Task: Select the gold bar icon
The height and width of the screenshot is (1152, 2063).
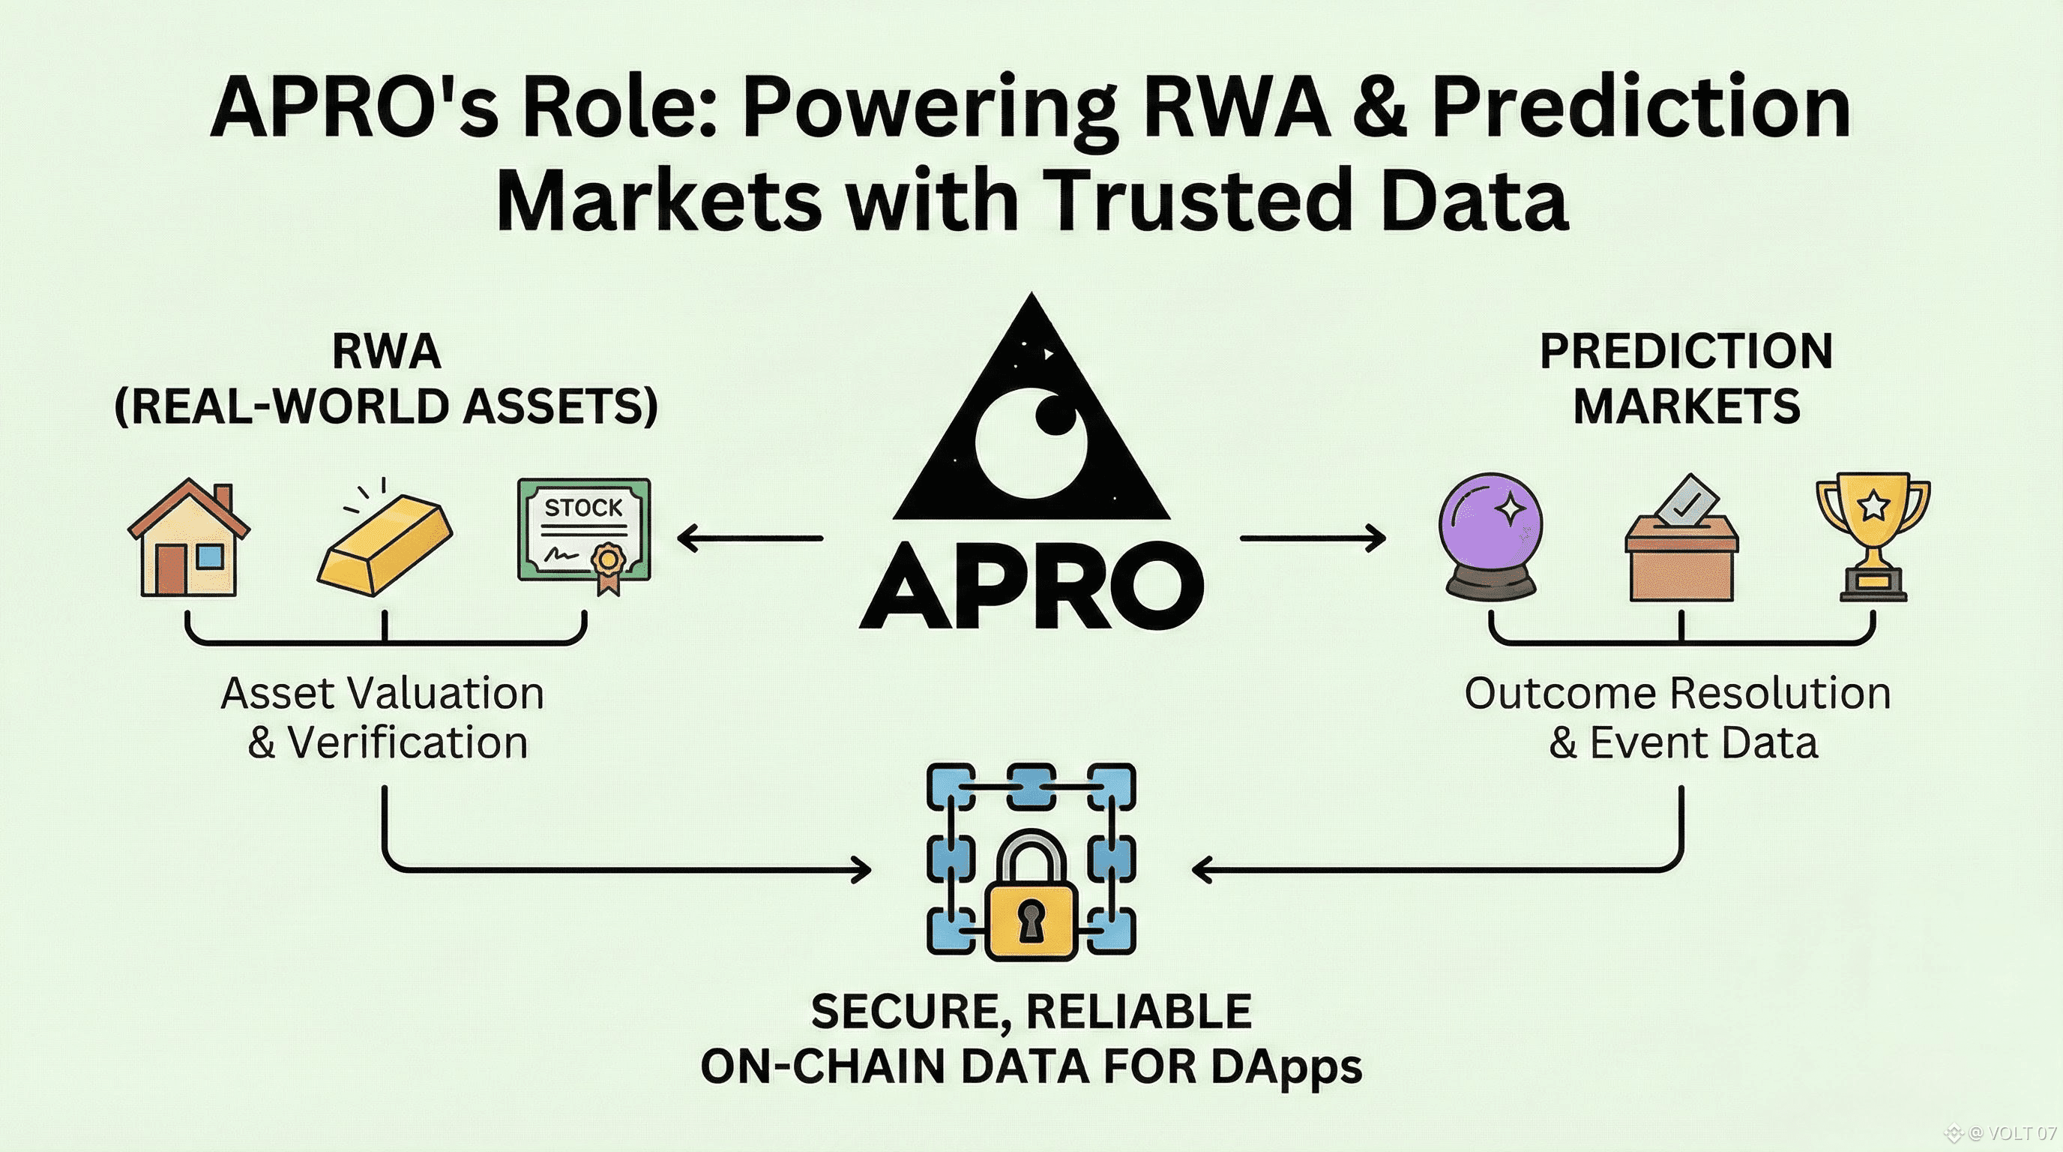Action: pos(385,544)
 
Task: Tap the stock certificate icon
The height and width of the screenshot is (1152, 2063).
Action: pos(584,531)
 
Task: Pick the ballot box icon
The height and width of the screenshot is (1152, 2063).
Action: pos(1681,545)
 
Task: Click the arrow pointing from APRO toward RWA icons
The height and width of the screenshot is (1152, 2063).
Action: pos(750,538)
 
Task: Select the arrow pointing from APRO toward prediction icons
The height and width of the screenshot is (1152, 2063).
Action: pos(1313,538)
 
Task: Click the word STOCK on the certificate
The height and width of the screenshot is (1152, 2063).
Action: pos(583,508)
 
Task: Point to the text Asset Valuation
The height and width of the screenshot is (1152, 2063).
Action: pos(383,693)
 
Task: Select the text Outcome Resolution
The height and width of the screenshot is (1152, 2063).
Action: pos(1678,693)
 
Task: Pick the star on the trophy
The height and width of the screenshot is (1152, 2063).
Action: pos(1873,505)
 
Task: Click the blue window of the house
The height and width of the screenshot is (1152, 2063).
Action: pos(210,556)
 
